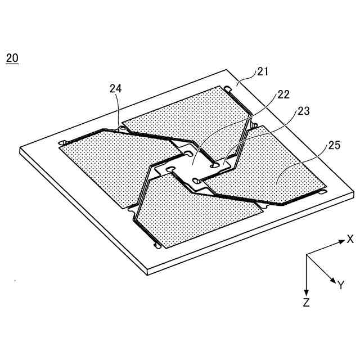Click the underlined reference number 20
12,58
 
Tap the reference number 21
263,71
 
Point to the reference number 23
303,111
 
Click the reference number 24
115,88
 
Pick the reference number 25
334,146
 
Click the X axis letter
350,238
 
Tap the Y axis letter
340,285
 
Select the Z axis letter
306,303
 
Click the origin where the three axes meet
306,255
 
